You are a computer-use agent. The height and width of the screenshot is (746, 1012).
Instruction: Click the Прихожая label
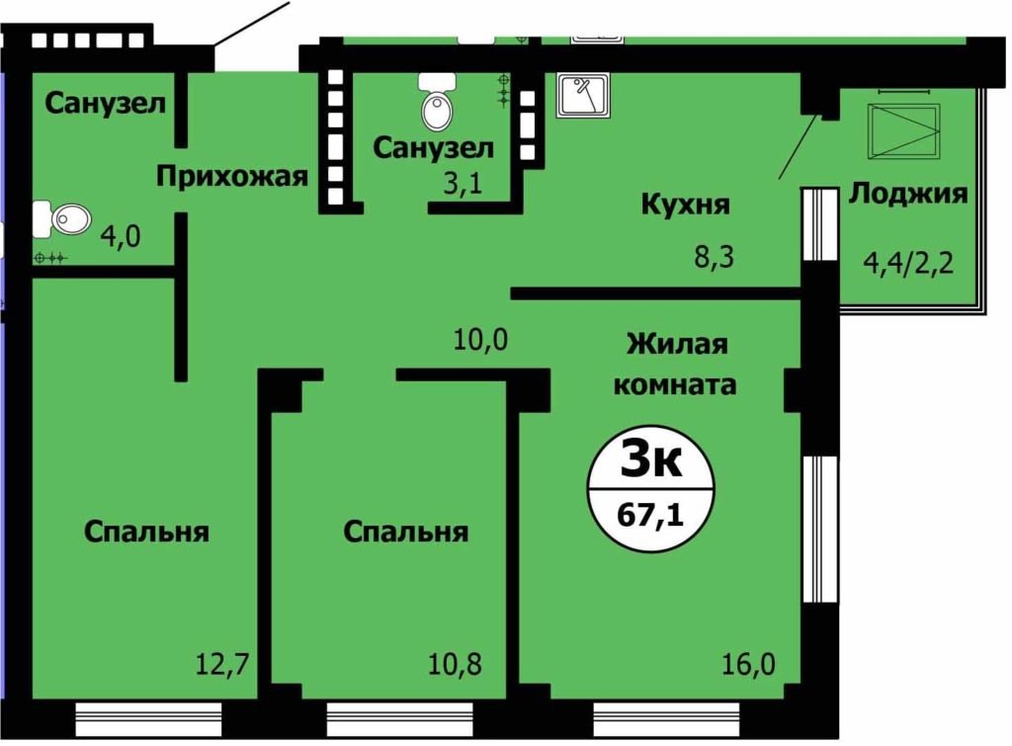click(x=232, y=176)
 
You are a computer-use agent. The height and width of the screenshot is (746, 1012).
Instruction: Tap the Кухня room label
click(x=686, y=204)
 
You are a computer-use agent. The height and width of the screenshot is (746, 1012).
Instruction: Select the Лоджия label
click(x=908, y=194)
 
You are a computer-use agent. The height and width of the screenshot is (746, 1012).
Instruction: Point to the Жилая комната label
click(x=675, y=364)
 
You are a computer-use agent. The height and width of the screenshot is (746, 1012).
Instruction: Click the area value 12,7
click(x=222, y=663)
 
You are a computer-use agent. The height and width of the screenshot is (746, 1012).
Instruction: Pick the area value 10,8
click(x=455, y=663)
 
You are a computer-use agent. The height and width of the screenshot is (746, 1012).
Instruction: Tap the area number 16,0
click(x=749, y=663)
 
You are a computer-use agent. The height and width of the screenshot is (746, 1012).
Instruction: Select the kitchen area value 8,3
click(x=714, y=257)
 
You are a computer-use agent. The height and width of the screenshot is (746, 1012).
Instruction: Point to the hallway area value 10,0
click(x=481, y=340)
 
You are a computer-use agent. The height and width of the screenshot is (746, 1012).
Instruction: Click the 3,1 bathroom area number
click(x=463, y=185)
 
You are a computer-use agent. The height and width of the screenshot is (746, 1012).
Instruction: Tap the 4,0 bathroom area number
click(x=120, y=236)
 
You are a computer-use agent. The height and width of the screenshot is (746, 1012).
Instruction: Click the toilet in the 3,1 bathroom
click(x=437, y=101)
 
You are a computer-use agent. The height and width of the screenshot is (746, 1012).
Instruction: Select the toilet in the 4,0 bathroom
click(x=62, y=219)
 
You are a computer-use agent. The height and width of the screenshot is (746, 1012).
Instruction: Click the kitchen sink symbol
click(x=583, y=96)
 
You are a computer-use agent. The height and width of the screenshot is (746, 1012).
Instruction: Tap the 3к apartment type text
click(x=650, y=460)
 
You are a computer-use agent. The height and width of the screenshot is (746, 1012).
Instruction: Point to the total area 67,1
click(x=650, y=516)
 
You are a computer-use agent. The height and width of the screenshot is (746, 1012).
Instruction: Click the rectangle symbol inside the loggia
click(x=903, y=131)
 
